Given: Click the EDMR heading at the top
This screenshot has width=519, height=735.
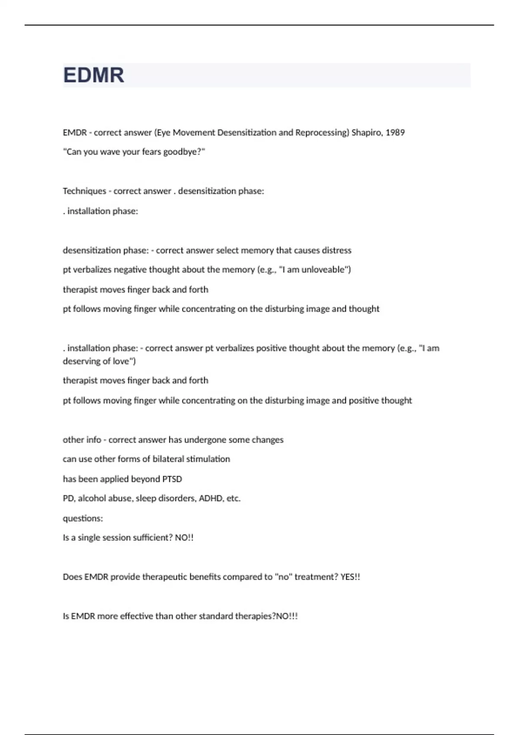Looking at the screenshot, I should tap(93, 75).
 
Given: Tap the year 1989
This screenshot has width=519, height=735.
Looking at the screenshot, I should tap(395, 132).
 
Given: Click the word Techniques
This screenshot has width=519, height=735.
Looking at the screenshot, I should tap(84, 191).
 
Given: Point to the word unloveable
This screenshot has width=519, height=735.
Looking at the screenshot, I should tap(325, 270).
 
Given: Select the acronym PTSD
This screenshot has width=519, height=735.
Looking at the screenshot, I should tap(172, 479).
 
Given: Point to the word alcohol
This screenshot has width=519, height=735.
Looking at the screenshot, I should tap(92, 499).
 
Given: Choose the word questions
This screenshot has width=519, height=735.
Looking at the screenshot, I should tap(83, 518).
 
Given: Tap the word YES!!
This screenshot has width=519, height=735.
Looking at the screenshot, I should tap(350, 577).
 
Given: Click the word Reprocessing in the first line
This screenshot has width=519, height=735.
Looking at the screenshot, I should tap(322, 132).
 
